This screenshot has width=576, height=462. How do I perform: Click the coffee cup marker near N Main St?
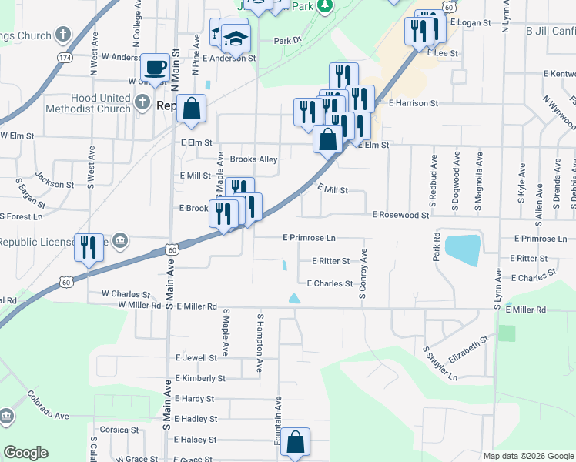(156, 66)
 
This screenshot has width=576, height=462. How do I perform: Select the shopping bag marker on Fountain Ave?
(295, 442)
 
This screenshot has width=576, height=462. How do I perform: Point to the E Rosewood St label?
(400, 216)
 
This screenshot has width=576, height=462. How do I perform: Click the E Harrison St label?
(414, 102)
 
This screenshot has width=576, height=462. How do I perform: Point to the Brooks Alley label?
(253, 159)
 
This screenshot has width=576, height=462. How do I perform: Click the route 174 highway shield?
(65, 57)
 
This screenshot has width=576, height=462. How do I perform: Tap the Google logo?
(26, 453)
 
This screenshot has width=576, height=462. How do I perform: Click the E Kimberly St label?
(200, 378)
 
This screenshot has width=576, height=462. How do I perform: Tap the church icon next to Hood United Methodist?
(142, 102)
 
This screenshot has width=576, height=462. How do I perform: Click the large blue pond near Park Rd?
(462, 249)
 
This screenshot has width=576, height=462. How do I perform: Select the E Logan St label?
(474, 23)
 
